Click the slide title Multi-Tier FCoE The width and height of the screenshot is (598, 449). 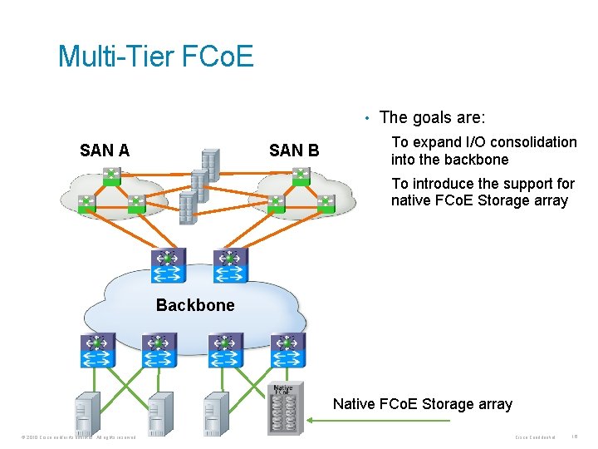pos(155,57)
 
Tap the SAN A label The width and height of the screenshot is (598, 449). pos(105,150)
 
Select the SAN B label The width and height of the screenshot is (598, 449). pos(294,150)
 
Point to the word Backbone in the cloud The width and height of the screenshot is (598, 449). pos(195,305)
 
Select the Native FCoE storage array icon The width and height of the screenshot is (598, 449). pos(284,407)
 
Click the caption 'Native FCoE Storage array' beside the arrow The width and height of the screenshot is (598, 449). pos(422,404)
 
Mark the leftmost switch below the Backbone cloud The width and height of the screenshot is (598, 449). pos(97,351)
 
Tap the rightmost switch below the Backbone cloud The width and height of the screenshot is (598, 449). pos(287,351)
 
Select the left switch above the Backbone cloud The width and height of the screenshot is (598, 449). pos(168,265)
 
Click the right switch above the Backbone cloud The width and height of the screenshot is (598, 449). pos(230,265)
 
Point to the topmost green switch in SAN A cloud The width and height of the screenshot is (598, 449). pos(110,175)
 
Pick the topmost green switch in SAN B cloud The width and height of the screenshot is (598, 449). pos(301,175)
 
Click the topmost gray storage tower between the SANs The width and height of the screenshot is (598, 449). pos(211,165)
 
